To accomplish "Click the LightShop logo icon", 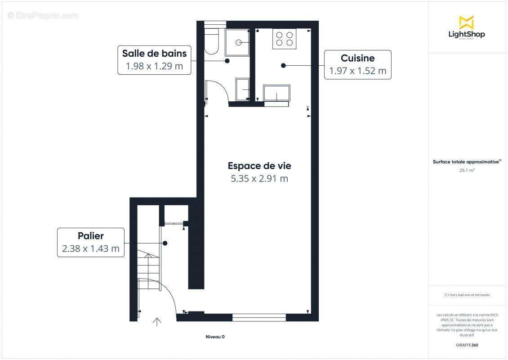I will tap(466, 22).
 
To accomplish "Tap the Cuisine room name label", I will tap(357, 58).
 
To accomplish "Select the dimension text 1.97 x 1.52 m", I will tap(357, 71).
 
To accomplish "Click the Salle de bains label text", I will tap(154, 54).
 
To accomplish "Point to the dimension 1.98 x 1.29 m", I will tap(154, 67).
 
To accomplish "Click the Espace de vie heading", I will tap(259, 166).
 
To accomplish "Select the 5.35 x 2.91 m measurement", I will tap(259, 179).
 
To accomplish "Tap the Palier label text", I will tap(90, 236).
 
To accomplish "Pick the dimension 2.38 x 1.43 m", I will tap(90, 248).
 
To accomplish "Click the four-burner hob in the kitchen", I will tap(284, 39).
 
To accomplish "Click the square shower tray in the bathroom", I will tap(237, 43).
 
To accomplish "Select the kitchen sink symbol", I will tap(276, 94).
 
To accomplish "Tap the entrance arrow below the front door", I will tap(157, 322).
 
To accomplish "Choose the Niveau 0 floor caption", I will tap(215, 337).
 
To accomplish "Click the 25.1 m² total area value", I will tap(466, 171).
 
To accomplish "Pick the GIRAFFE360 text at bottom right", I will tap(466, 346).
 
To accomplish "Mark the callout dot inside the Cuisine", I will tap(283, 66).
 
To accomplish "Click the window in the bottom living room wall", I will tap(259, 318).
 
